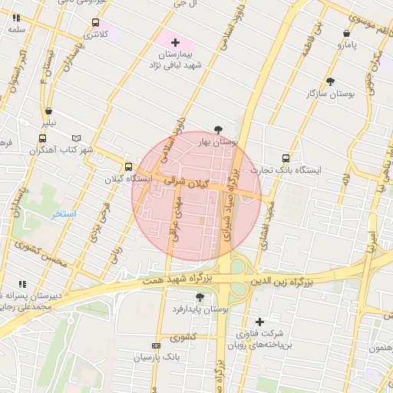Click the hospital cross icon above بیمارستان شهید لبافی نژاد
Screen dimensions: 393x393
175,41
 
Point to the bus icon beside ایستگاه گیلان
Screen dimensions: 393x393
128,166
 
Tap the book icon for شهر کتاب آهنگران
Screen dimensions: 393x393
75,138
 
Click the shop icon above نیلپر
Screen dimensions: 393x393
48,111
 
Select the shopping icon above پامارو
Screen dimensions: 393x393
347,34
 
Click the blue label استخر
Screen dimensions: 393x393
64,213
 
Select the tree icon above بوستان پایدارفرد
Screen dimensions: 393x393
200,296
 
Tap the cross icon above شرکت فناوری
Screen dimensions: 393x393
259,321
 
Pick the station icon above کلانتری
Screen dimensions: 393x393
94,22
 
